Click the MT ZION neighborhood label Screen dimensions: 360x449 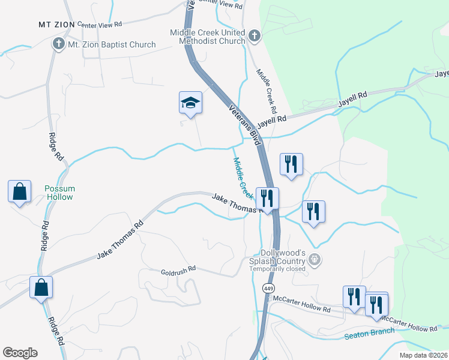click(56, 24)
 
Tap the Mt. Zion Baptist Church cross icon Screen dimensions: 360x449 click(58, 44)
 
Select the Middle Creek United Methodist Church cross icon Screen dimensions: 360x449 click(254, 36)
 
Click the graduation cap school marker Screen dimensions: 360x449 click(190, 103)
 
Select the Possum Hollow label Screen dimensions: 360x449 click(59, 193)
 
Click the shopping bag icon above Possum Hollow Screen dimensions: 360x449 click(20, 191)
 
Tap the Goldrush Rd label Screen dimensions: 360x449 click(178, 271)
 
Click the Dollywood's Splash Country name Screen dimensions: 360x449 click(283, 253)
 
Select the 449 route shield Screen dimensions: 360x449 click(268, 289)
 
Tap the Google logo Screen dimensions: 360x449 click(20, 353)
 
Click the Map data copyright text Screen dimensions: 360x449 click(424, 355)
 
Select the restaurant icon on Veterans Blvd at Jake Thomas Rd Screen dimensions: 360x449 click(266, 197)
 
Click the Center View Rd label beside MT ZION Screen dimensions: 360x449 click(100, 25)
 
